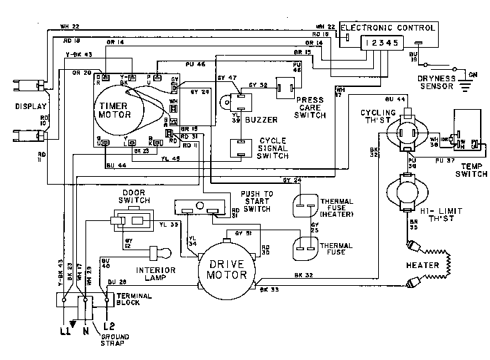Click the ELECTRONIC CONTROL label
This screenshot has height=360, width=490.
(x=389, y=27)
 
